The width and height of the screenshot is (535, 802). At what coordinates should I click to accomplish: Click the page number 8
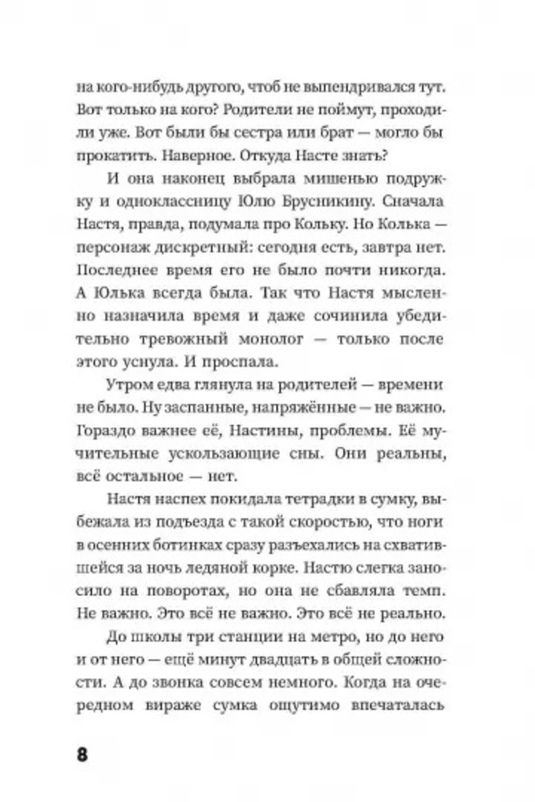click(x=82, y=754)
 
